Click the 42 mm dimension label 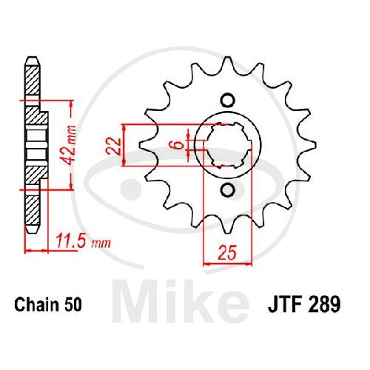coord(68,145)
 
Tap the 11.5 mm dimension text coord(83,240)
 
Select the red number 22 coord(114,146)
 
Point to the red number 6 coord(179,144)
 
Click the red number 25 coord(227,252)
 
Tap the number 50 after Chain coord(73,305)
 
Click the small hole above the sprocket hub coord(227,101)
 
